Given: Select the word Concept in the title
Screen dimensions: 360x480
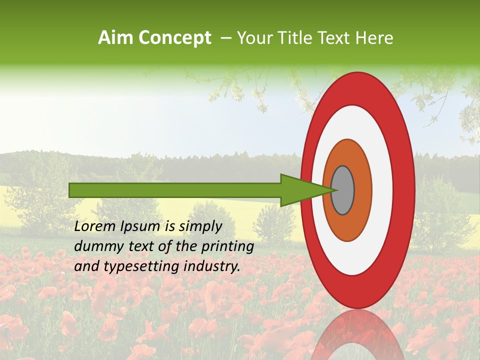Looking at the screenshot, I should click(x=175, y=38).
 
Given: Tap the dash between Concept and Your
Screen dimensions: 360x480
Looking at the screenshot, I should click(x=225, y=38).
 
